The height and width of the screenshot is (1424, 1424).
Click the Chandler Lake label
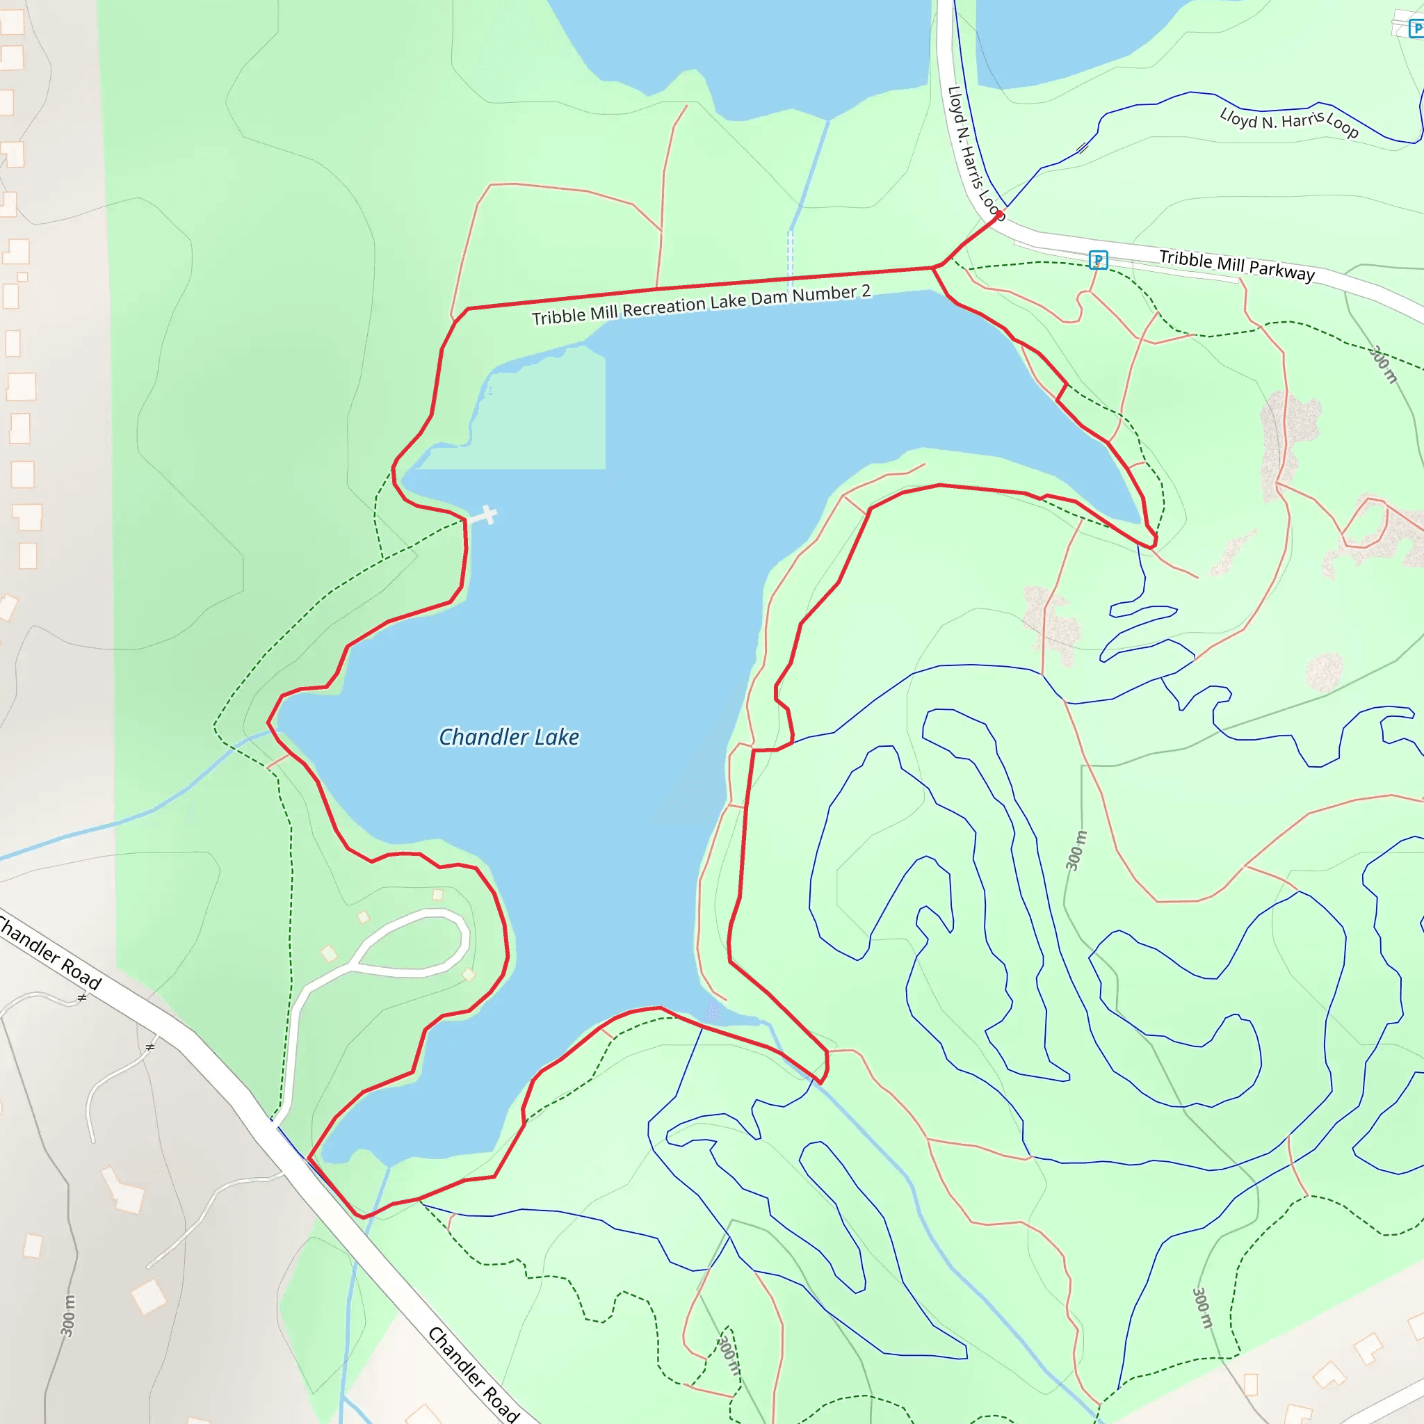(508, 737)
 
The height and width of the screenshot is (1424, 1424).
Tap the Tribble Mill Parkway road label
(1236, 266)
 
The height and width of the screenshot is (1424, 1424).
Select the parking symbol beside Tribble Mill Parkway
(1097, 259)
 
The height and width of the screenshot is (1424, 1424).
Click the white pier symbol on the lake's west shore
(486, 515)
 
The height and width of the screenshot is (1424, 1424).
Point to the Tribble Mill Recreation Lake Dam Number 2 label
(701, 305)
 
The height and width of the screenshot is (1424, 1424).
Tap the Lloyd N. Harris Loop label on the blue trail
(1288, 122)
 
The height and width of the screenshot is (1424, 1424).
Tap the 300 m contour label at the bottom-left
(68, 1316)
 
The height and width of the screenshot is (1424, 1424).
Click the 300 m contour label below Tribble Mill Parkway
(1383, 364)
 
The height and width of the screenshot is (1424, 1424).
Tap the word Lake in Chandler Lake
(556, 737)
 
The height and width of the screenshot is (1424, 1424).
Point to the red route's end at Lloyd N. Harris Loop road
(1000, 214)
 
